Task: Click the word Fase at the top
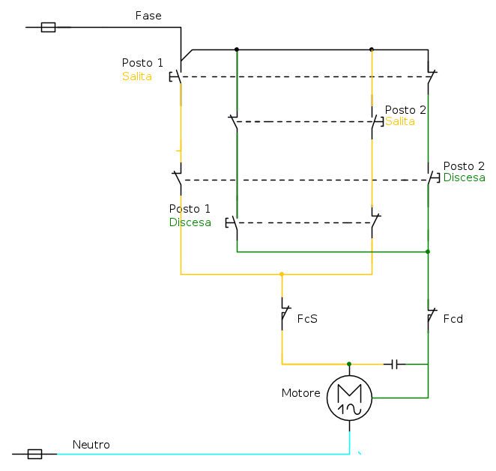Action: tap(148, 16)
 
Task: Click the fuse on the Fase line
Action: tap(48, 28)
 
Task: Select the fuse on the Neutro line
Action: tap(34, 454)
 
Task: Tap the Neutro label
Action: tap(91, 445)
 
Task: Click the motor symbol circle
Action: tap(349, 398)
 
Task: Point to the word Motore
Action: tap(300, 393)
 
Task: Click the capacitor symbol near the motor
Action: tap(394, 364)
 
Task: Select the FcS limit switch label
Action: tap(307, 319)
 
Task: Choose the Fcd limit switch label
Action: tap(453, 319)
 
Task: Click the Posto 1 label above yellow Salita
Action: tap(142, 63)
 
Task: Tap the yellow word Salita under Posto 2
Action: tap(400, 121)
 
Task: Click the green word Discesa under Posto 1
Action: tap(190, 222)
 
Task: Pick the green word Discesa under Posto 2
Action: tap(465, 177)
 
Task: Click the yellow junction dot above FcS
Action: tap(282, 274)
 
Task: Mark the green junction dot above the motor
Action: tap(349, 364)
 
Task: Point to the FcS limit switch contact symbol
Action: tap(283, 315)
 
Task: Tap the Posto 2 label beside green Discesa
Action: tap(464, 166)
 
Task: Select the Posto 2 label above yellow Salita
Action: tap(405, 110)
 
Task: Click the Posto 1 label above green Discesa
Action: tap(190, 209)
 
